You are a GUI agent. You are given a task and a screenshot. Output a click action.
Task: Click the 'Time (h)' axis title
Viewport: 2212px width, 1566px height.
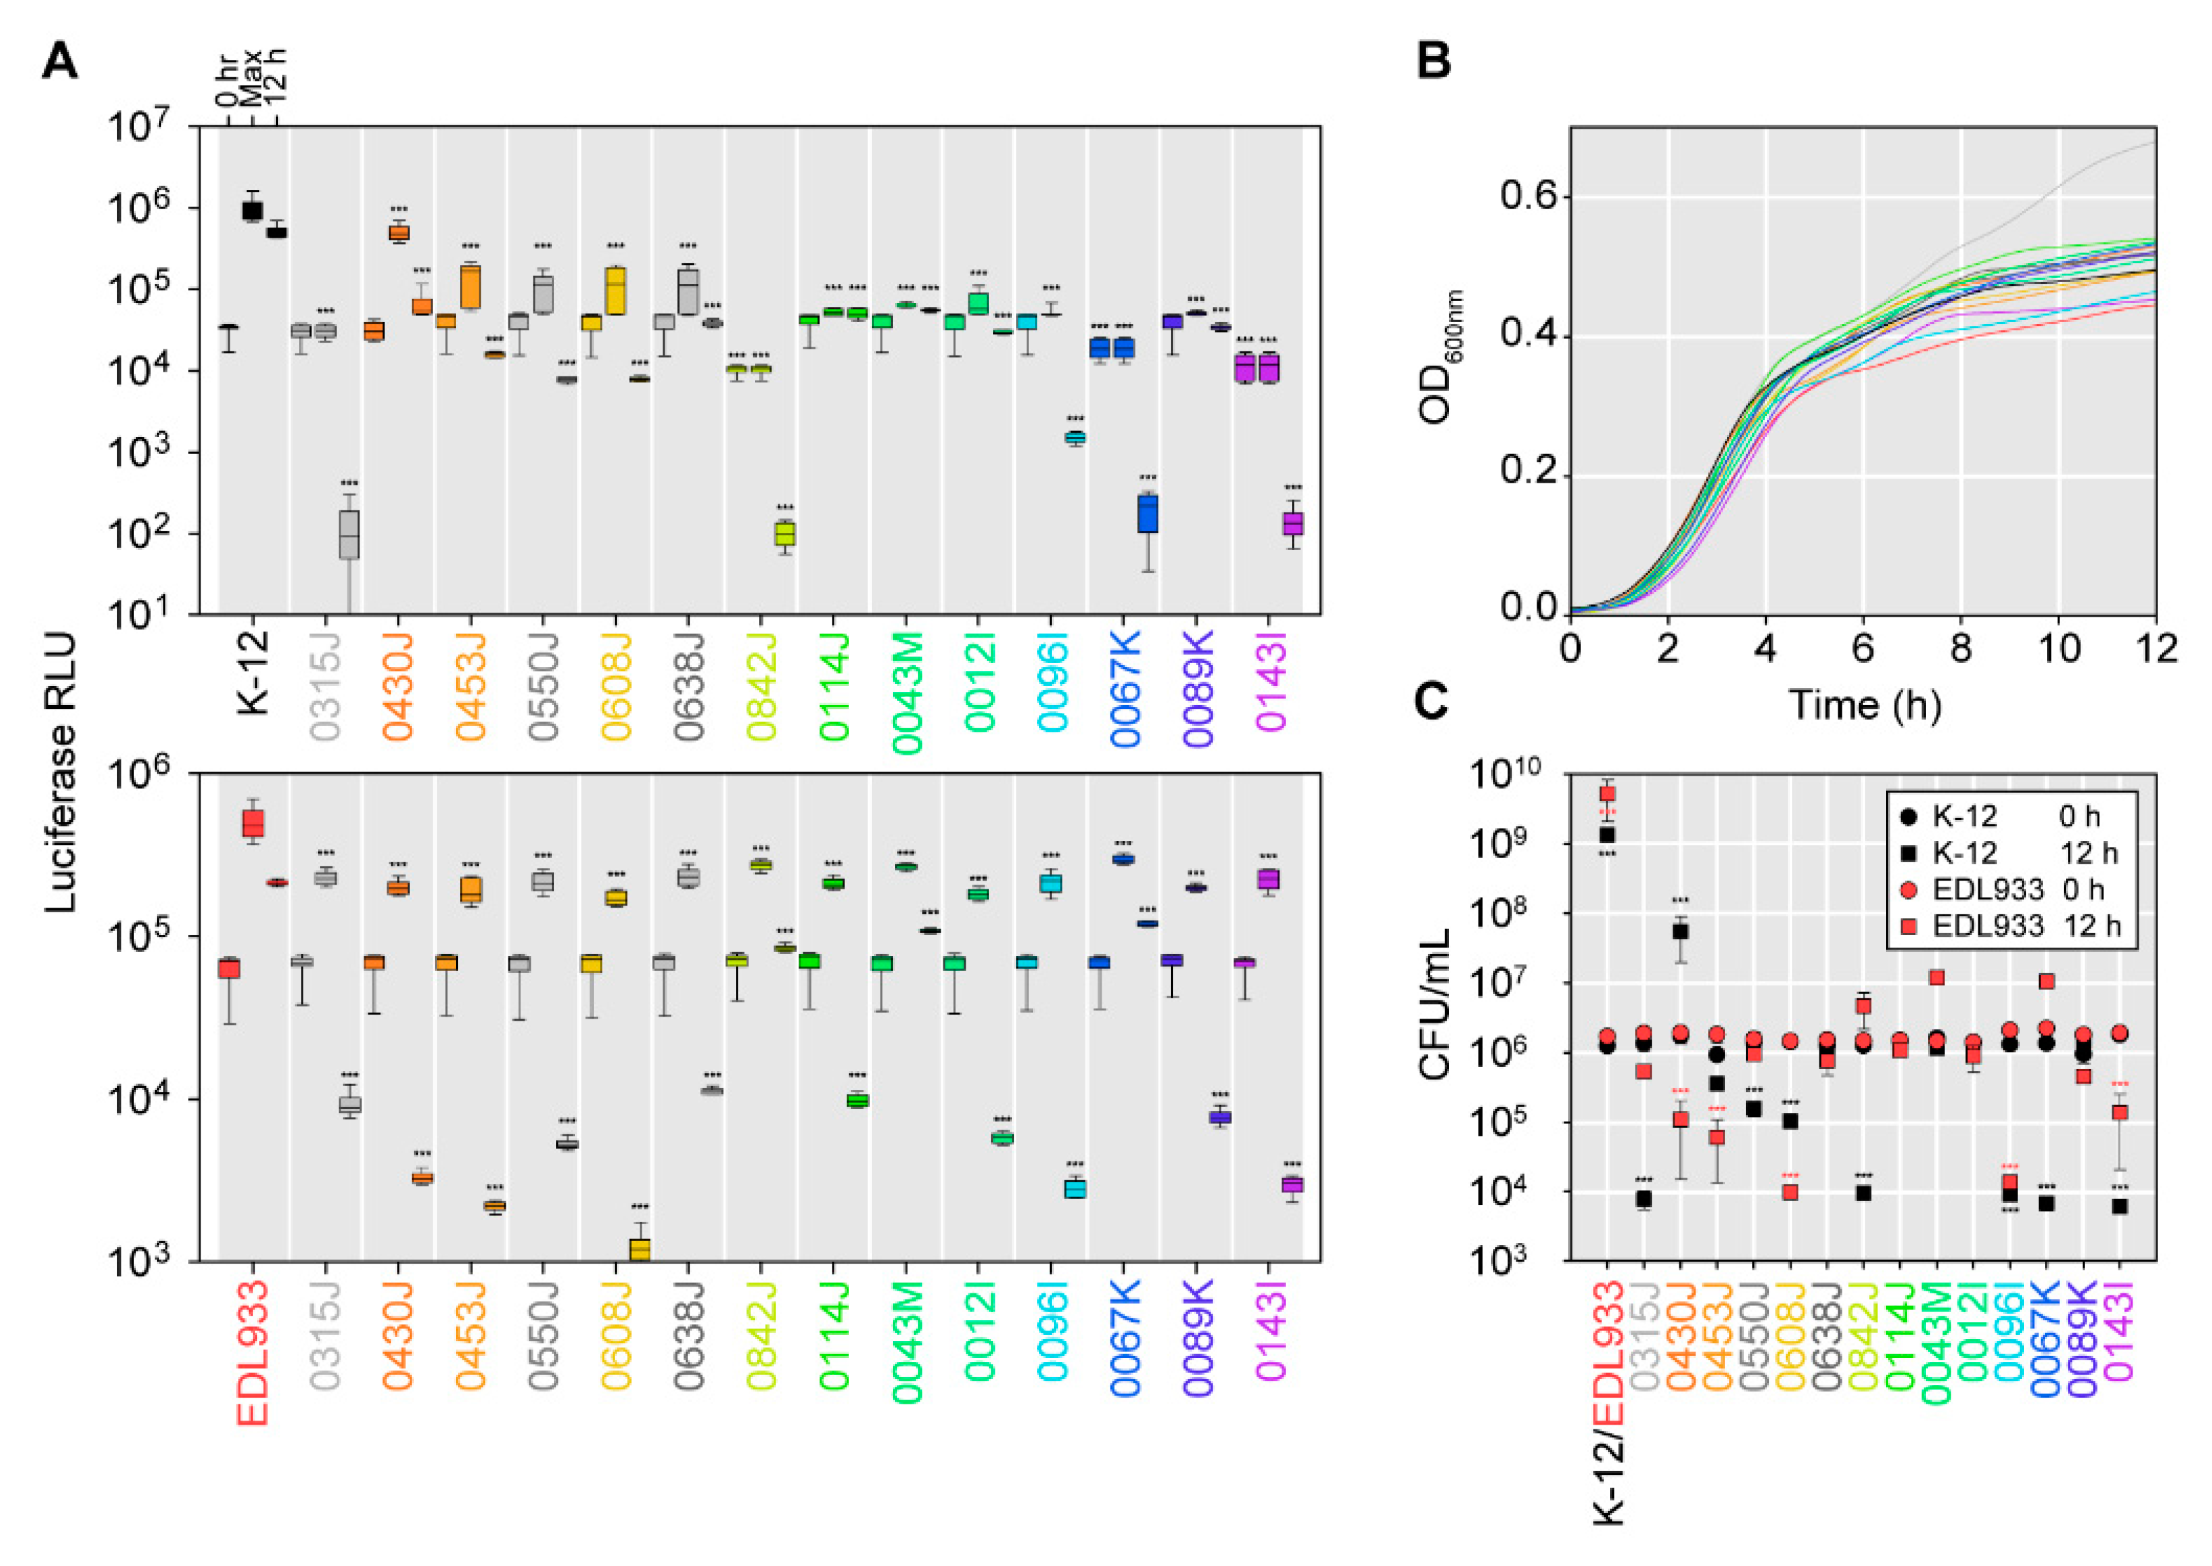[x=1864, y=705]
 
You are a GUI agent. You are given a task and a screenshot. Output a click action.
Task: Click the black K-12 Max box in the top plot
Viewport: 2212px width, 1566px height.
[x=253, y=210]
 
